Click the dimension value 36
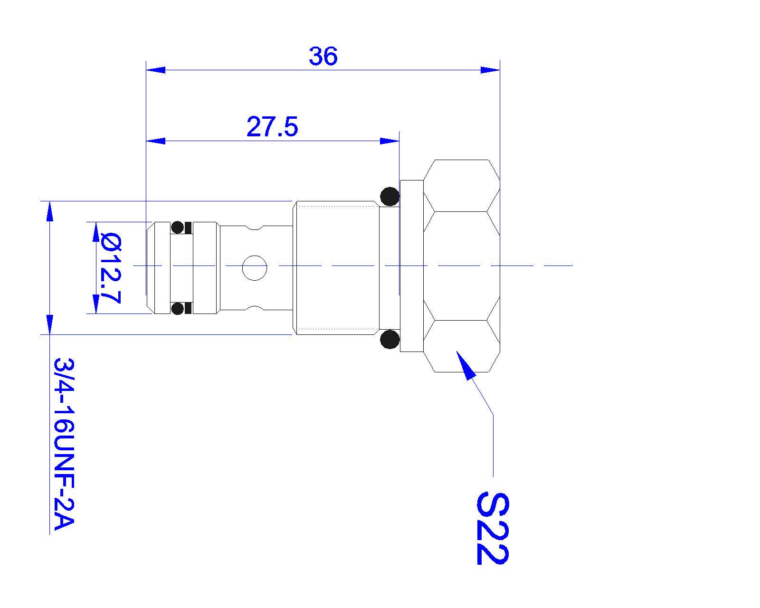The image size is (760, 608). tap(323, 56)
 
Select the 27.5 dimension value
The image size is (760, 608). tap(272, 127)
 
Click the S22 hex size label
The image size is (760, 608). tap(493, 528)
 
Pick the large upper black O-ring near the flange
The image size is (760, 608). tap(389, 197)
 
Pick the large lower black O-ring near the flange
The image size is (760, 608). tap(389, 339)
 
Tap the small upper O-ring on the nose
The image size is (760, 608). tap(177, 227)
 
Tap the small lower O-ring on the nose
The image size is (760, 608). tap(177, 308)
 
